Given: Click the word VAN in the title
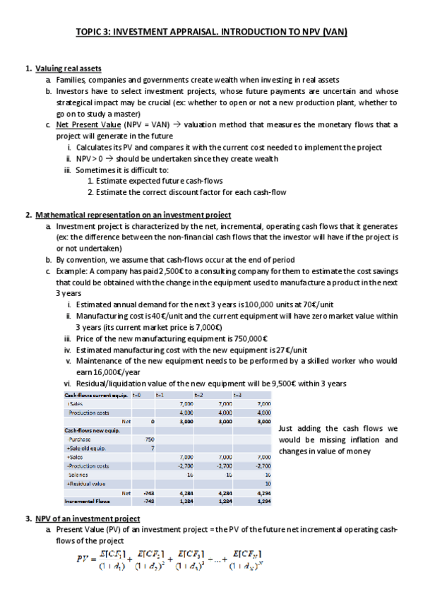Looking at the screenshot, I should click(x=336, y=32).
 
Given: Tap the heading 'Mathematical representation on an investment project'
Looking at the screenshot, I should click(x=133, y=215).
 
